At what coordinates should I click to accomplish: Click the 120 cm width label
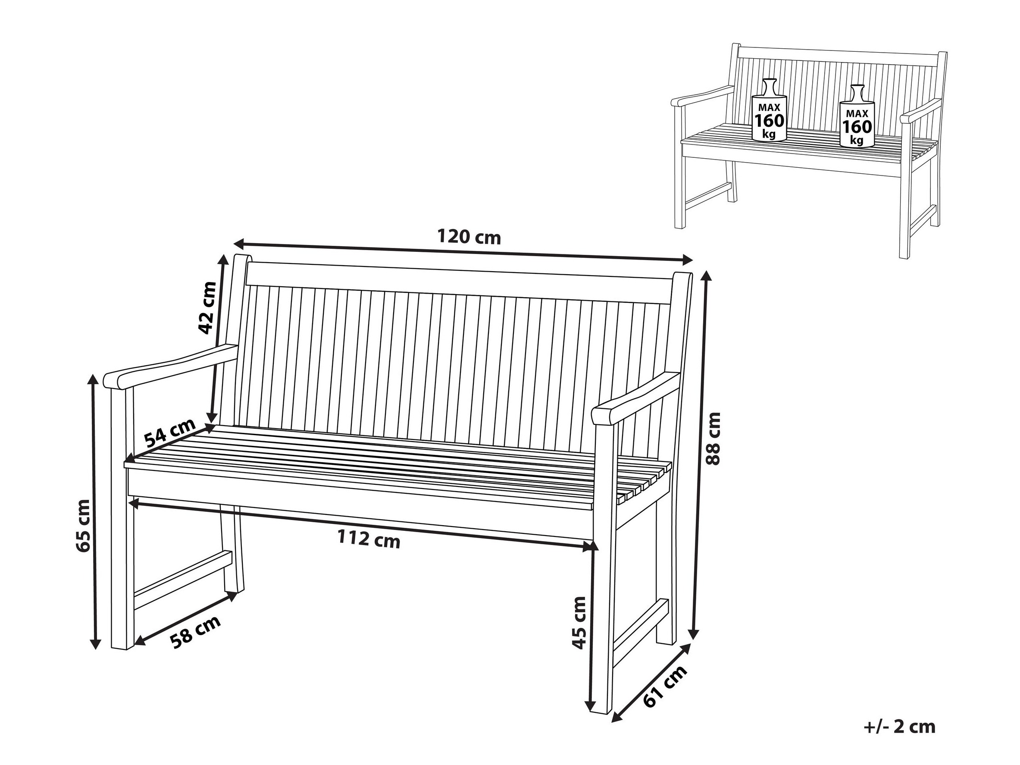(469, 237)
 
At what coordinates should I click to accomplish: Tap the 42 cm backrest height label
(207, 307)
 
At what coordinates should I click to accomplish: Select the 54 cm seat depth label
(170, 433)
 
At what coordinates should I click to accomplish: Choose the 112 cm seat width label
(369, 539)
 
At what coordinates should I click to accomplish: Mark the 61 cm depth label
(665, 687)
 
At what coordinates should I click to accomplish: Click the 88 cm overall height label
(713, 439)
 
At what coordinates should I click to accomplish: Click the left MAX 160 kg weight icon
(769, 109)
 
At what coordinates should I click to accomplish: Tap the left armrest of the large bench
(171, 366)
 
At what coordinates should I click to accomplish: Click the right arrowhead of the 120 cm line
(688, 260)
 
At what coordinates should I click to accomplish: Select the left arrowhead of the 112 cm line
(134, 503)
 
